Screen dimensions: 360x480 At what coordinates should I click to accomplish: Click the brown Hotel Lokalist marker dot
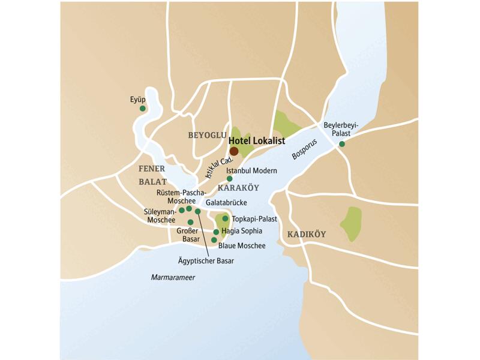tap(234, 151)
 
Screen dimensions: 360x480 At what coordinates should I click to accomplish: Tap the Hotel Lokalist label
tap(256, 140)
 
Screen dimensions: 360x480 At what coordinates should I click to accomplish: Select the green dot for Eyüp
tap(143, 109)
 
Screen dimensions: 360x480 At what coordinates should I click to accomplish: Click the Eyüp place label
tap(138, 99)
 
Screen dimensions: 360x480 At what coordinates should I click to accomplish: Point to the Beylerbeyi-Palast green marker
tap(342, 144)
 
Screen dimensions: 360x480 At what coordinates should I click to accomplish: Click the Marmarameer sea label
tap(173, 277)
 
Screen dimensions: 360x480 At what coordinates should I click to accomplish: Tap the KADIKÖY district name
tap(306, 234)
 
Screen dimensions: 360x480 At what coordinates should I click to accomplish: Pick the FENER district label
tap(151, 169)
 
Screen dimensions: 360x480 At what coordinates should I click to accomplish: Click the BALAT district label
tap(152, 181)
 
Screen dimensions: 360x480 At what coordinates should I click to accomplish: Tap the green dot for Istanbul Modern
tap(230, 179)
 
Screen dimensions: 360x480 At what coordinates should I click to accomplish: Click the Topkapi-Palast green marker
tap(226, 219)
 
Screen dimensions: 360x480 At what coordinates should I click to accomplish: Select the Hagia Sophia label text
tap(242, 230)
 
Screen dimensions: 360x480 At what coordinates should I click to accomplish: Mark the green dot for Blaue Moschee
tap(214, 240)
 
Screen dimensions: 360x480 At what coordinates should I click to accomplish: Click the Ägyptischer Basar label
tap(206, 261)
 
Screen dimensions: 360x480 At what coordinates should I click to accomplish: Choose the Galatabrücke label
tap(226, 203)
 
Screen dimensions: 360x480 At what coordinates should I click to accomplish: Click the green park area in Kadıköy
tap(351, 224)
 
